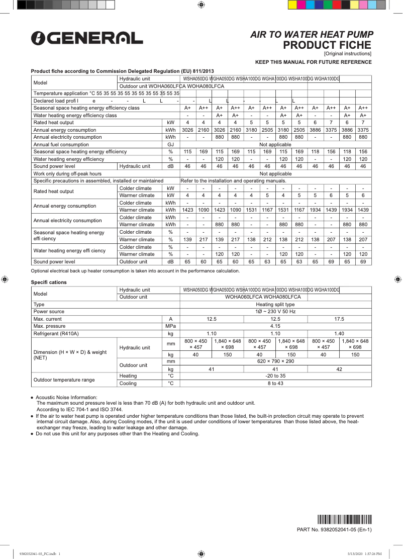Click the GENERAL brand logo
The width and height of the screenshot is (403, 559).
coord(86,38)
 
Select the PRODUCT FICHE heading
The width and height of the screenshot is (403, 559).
coord(327,45)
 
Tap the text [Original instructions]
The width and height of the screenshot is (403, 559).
coord(347,53)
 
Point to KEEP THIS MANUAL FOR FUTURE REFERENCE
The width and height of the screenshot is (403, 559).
coord(313,62)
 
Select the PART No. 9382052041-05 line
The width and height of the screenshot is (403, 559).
coord(334,529)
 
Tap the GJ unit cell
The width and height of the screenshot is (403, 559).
coord(170,144)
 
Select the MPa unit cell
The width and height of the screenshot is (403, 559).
coord(170,326)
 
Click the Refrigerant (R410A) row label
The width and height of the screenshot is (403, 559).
coord(56,333)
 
